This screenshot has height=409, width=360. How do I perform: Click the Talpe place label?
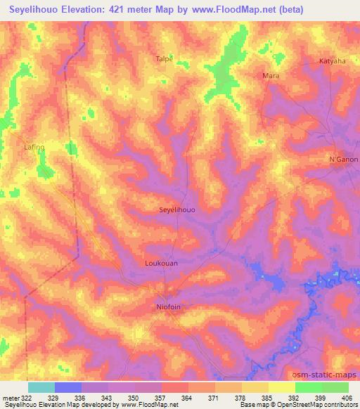click(164, 60)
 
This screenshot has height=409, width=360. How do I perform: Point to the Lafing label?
click(34, 147)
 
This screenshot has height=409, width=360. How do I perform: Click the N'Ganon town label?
click(344, 160)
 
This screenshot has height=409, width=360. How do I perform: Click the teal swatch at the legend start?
click(41, 387)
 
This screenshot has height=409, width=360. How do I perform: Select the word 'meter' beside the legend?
click(11, 398)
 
